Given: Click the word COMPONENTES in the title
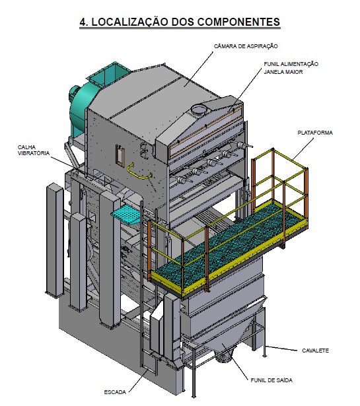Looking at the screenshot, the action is [238, 22].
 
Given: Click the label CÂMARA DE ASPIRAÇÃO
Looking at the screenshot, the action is [246, 46].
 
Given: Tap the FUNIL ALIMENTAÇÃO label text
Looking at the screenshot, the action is [291, 64].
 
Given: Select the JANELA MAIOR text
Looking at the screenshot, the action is [283, 72].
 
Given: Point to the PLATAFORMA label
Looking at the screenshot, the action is [315, 133].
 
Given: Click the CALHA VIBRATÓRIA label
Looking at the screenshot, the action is [34, 150].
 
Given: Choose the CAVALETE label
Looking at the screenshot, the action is [316, 351].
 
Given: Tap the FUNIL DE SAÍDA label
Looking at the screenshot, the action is [271, 380].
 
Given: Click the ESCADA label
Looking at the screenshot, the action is [115, 392].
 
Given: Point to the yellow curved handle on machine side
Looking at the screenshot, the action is [139, 172].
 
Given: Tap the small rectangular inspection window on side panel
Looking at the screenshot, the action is [120, 154].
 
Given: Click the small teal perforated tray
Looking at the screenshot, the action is [126, 214].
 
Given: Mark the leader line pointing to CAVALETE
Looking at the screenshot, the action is [281, 348].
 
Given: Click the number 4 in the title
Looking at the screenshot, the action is [83, 22].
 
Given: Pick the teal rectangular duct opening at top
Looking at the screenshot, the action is [109, 72].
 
